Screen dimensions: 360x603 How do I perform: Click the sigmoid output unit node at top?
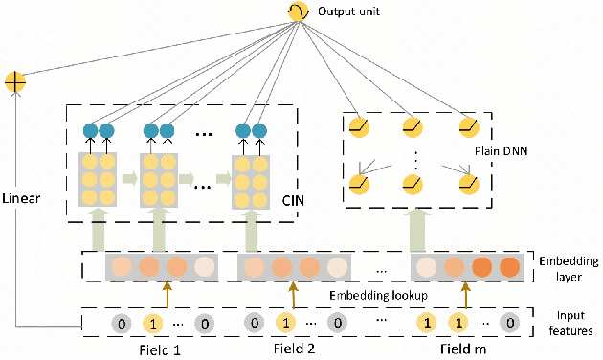pos(294,12)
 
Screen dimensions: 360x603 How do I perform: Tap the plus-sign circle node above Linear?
pos(16,82)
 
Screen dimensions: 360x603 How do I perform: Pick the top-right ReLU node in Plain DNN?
pos(467,126)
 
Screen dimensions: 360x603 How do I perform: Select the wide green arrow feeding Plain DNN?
pos(417,229)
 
